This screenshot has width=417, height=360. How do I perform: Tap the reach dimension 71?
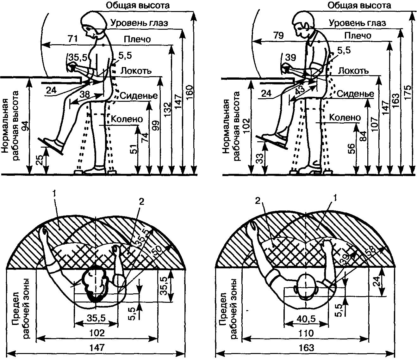[x=73, y=39]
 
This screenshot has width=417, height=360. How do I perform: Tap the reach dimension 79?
[x=279, y=35]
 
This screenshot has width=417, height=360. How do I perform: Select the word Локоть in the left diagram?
[x=136, y=71]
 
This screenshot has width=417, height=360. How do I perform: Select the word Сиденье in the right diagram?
[x=355, y=94]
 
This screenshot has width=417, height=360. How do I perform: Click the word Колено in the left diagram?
[x=127, y=119]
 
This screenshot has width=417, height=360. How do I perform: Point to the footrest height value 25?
[x=40, y=160]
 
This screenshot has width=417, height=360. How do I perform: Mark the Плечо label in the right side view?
[x=358, y=36]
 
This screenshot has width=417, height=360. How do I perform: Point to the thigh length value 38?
[x=84, y=94]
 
